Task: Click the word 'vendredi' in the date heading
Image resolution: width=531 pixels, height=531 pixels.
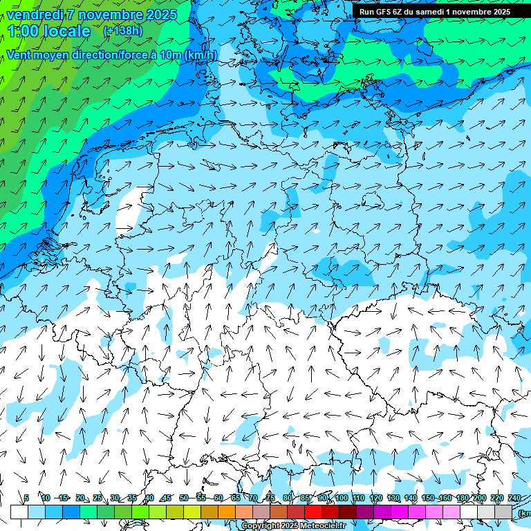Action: tap(35, 15)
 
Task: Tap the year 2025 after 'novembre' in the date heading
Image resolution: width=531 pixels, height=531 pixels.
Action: tap(160, 15)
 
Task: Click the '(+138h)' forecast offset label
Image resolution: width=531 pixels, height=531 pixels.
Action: tap(122, 31)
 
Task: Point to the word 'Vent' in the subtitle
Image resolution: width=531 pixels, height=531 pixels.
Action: tap(20, 55)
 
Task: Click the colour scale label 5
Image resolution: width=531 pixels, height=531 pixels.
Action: tap(26, 498)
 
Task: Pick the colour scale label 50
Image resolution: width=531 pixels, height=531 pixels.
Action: tap(183, 498)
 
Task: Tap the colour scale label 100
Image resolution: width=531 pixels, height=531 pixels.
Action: tap(342, 498)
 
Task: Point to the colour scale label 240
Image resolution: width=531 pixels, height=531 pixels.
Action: tap(514, 498)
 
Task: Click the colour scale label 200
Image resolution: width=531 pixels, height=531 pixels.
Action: tap(479, 498)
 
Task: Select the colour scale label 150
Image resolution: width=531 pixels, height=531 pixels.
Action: tap(428, 498)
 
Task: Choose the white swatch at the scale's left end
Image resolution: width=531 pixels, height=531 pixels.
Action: tap(19, 512)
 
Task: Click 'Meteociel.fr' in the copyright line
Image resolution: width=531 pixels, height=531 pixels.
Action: tap(323, 526)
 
